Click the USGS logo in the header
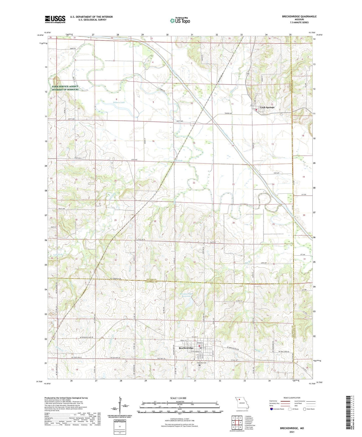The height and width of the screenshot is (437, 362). (x=55, y=19)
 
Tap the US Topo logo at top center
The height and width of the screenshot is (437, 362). (x=180, y=21)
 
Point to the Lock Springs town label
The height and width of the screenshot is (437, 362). (x=267, y=107)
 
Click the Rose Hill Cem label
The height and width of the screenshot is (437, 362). (x=201, y=363)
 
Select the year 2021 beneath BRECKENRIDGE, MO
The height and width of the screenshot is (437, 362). (x=292, y=432)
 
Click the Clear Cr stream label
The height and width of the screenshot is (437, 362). (x=233, y=89)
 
